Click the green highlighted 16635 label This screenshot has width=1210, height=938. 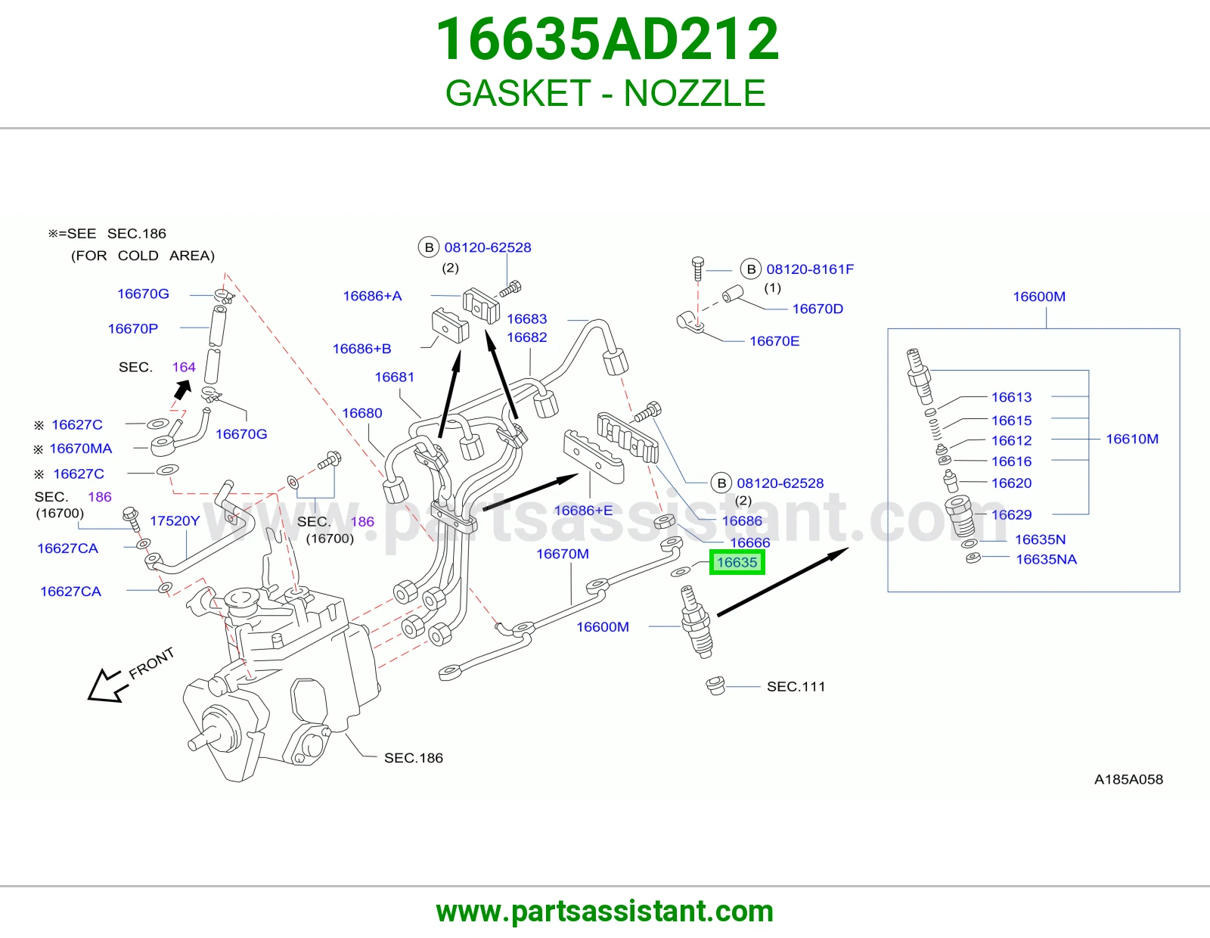pyautogui.click(x=737, y=562)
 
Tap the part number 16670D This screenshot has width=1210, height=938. pyautogui.click(x=818, y=309)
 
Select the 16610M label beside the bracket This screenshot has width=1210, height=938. pyautogui.click(x=1132, y=439)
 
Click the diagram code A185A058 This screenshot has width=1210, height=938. pyautogui.click(x=1128, y=779)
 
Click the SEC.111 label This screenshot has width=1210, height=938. pyautogui.click(x=796, y=686)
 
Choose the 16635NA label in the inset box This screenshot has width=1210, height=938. pyautogui.click(x=1047, y=559)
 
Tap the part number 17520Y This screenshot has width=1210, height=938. pyautogui.click(x=175, y=520)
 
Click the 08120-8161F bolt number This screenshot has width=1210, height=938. pyautogui.click(x=810, y=269)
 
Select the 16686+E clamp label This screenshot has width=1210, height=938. pyautogui.click(x=583, y=510)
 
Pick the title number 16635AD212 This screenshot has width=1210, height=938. pyautogui.click(x=607, y=39)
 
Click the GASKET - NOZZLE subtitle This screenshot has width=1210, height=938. pyautogui.click(x=605, y=93)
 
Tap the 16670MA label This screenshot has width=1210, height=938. pyautogui.click(x=81, y=449)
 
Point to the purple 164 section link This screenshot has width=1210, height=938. pyautogui.click(x=184, y=367)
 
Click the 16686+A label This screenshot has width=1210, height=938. pyautogui.click(x=372, y=296)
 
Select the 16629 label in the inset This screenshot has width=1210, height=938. pyautogui.click(x=1011, y=514)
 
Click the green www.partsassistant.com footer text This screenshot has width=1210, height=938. pyautogui.click(x=605, y=912)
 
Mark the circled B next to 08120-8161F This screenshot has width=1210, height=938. pyautogui.click(x=751, y=269)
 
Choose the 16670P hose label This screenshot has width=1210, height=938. pyautogui.click(x=132, y=328)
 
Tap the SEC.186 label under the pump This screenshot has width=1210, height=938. pyautogui.click(x=414, y=757)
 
